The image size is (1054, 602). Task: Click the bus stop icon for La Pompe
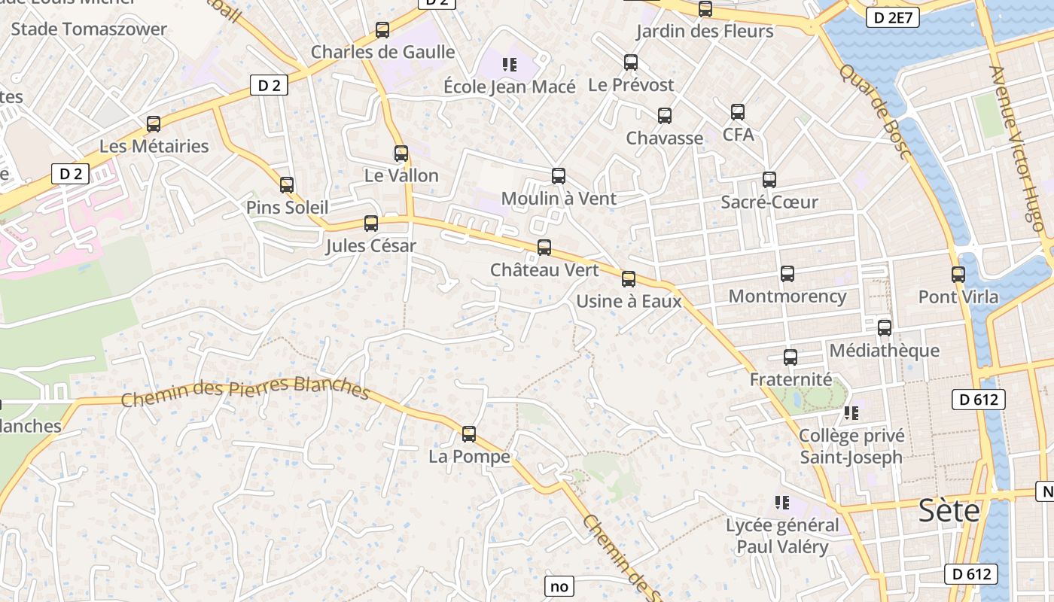[x=469, y=434]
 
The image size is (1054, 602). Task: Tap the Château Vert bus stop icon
[x=544, y=247]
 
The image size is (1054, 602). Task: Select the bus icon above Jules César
[x=370, y=223]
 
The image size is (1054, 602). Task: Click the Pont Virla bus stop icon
[x=958, y=275]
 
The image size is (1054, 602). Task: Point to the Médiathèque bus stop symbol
[x=885, y=328]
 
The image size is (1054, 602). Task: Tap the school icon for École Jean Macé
[x=510, y=65]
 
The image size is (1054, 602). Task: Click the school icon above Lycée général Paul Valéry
[x=782, y=502]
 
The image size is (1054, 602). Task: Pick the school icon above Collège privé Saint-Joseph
[x=851, y=412]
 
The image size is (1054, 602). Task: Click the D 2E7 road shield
[x=893, y=18]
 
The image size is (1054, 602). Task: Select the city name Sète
[x=949, y=511]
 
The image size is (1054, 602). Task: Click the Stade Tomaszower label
[x=89, y=29]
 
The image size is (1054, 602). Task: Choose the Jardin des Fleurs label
[x=705, y=31]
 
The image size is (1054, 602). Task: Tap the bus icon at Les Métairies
[x=154, y=124]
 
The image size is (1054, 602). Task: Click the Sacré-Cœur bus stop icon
[x=769, y=180]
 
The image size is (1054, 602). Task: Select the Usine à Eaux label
[x=629, y=302]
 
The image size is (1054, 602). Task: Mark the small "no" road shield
[x=559, y=586]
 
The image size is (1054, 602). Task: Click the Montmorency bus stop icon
[x=787, y=274]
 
